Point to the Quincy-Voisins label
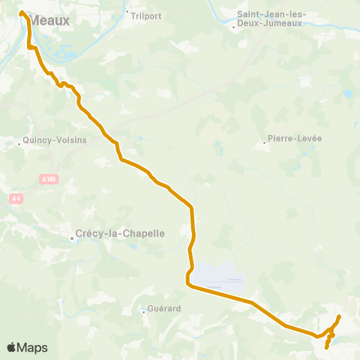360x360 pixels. (55, 139)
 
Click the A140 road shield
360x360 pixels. (49, 178)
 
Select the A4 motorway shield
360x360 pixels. (16, 198)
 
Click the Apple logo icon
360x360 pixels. (11, 347)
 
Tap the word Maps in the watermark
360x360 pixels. (32, 347)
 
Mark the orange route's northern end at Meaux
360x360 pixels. (21, 13)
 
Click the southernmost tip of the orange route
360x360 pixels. (326, 347)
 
